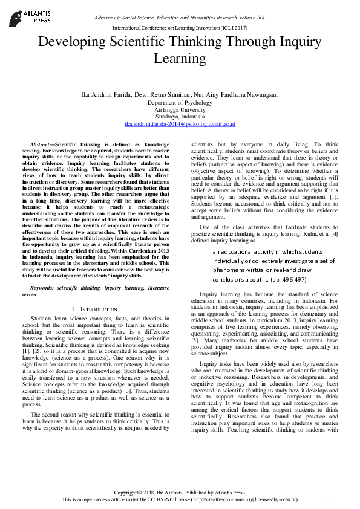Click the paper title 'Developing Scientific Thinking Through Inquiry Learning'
[180, 50]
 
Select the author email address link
[180, 124]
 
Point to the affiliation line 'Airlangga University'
[180, 109]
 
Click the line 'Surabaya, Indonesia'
[180, 117]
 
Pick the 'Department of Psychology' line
[180, 103]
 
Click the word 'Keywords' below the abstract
[42, 288]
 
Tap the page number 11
[329, 497]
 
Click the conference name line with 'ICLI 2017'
[180, 28]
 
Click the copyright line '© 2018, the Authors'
[180, 493]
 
